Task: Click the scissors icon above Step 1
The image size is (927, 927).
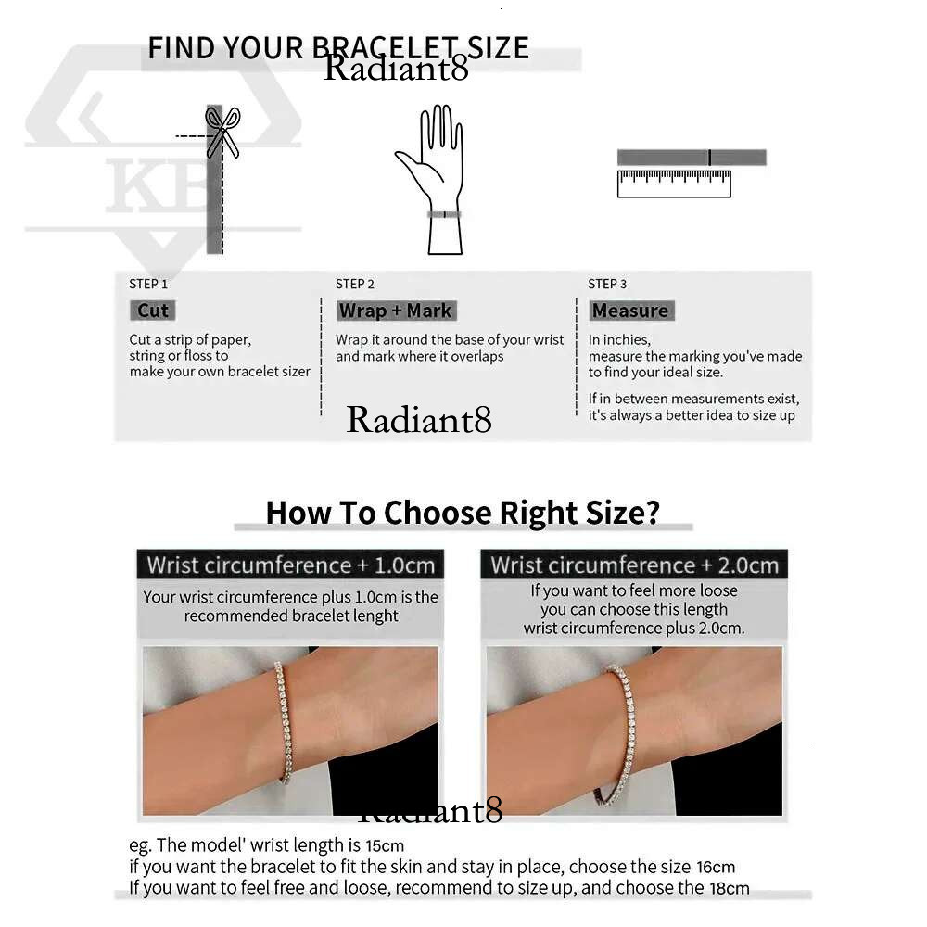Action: coord(222,132)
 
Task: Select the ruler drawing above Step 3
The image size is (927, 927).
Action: coord(674,184)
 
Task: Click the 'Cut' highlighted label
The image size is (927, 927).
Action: coord(153,311)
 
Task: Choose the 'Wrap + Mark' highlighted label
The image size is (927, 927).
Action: coord(396,311)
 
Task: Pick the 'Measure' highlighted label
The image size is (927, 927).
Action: coord(630,311)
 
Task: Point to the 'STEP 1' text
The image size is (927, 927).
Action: coord(148,284)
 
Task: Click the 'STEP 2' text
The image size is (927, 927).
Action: coord(355,284)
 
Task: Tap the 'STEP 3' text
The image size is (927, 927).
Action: coord(607,284)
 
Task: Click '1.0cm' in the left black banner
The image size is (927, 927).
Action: coord(405,565)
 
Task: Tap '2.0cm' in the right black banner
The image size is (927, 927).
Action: coord(748,565)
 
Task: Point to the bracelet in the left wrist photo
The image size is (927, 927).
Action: coord(285,721)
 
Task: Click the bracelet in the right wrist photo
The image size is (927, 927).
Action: coord(621,733)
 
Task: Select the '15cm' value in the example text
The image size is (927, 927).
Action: coord(385,845)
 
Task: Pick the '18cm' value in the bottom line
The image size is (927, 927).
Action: coord(730,888)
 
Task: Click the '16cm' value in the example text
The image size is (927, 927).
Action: coord(716,868)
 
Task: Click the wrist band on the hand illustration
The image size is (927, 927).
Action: coord(444,215)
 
